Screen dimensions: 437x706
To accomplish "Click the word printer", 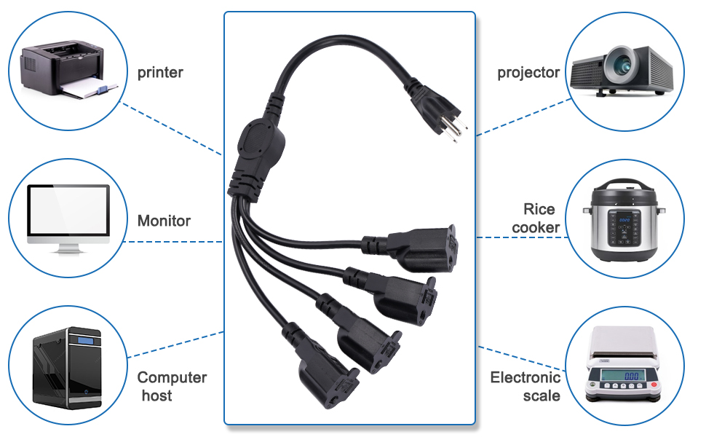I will point(160,73).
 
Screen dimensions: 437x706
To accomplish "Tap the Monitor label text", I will point(164,221).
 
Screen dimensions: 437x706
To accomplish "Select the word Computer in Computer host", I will point(172,378).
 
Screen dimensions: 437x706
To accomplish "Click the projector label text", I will point(528,73).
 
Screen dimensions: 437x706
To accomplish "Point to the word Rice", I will point(539,210).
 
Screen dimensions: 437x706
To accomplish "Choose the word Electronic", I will point(525,377).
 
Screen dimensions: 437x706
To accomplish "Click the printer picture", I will point(62,69).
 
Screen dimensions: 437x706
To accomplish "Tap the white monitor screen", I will point(68,210).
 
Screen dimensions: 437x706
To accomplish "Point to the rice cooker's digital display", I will point(623,216).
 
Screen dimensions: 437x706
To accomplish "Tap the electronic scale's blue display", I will point(631,376).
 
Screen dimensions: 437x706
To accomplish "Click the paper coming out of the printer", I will point(91,91).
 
